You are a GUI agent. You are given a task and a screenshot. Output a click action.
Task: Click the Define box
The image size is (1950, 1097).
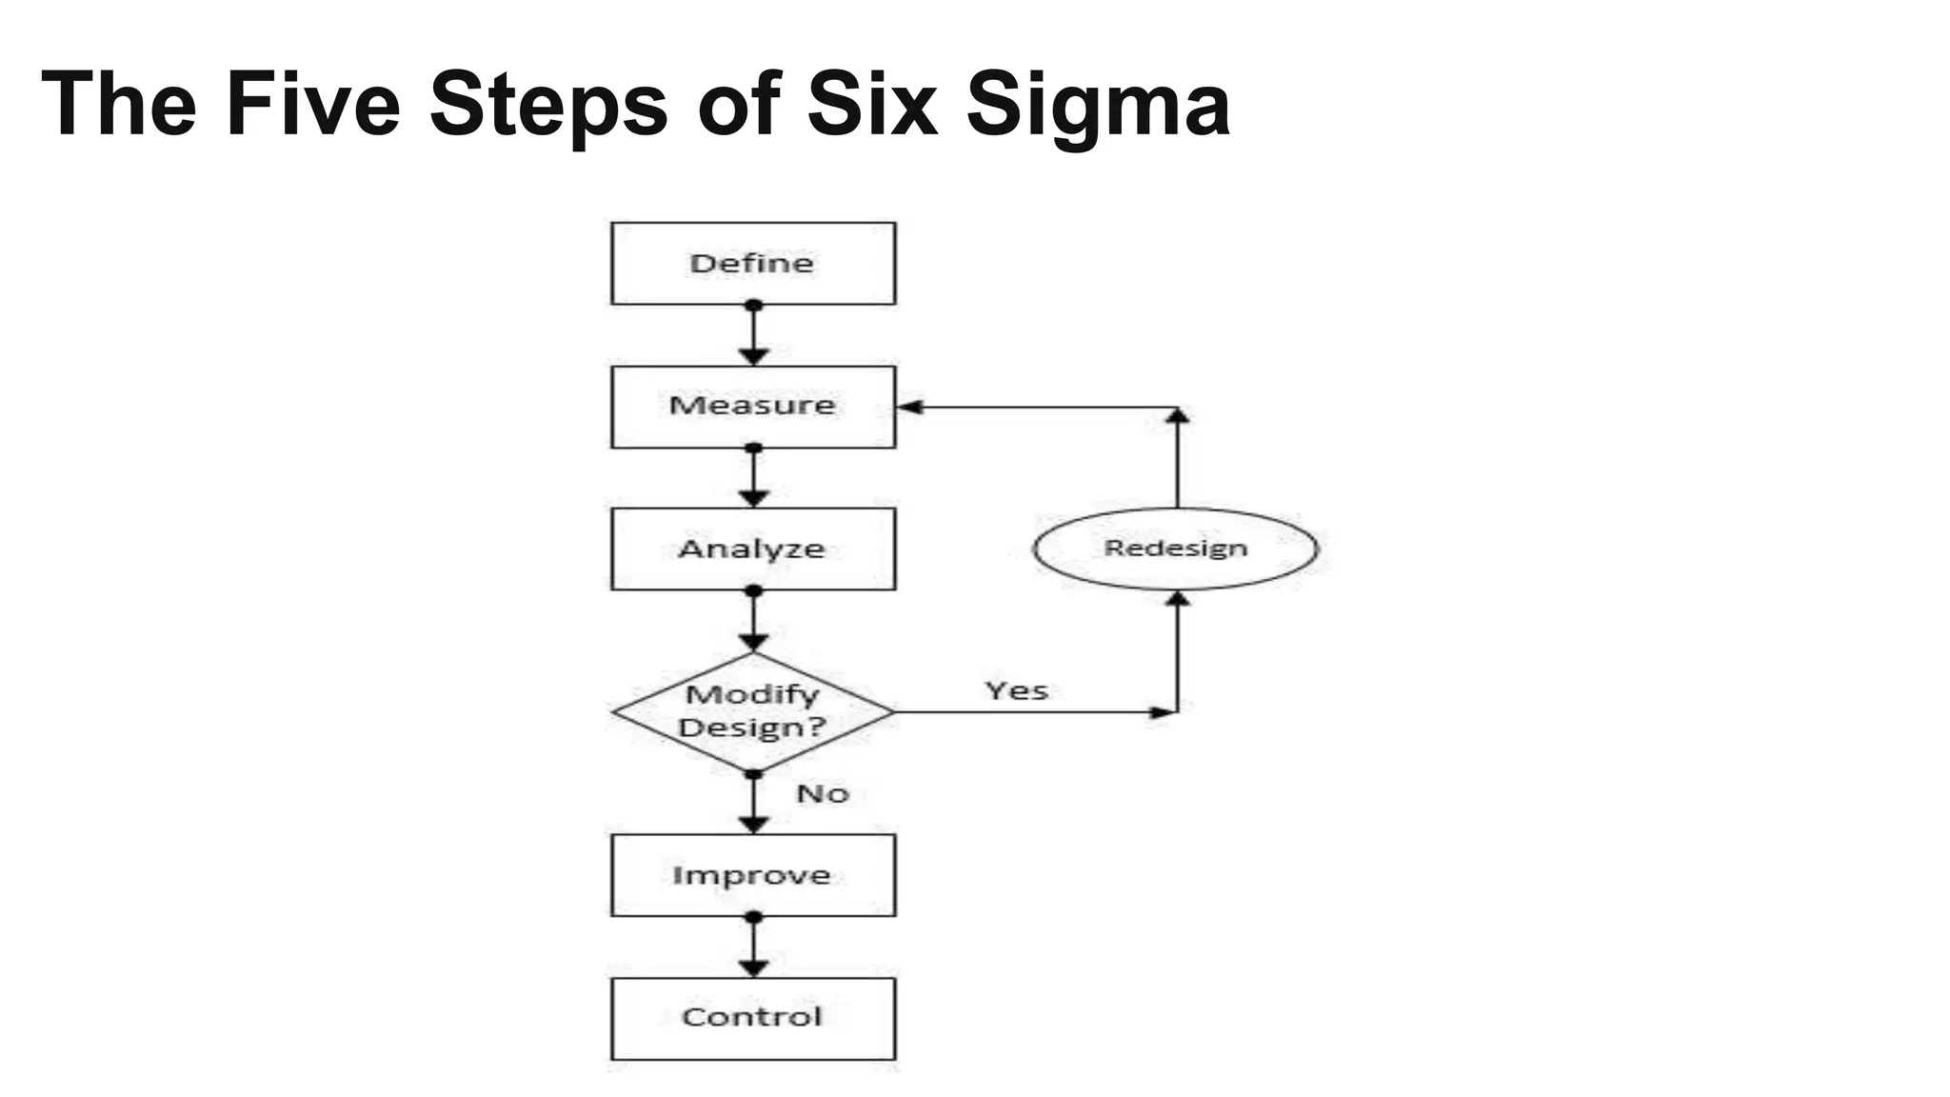pos(752,264)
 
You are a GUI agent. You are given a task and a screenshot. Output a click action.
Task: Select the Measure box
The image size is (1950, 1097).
pos(752,407)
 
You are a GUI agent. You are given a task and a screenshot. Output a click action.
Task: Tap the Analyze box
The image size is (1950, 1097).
pos(752,548)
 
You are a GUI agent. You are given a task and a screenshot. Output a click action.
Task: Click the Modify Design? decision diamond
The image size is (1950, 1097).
pos(752,711)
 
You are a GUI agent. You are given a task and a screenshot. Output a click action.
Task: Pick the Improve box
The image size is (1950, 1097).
pos(752,875)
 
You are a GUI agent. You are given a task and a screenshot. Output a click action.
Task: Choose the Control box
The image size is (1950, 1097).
pos(752,1018)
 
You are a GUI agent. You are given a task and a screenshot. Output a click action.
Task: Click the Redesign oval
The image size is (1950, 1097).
pos(1176,548)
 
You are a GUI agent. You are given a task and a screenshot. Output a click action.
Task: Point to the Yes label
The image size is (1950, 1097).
pos(1016,690)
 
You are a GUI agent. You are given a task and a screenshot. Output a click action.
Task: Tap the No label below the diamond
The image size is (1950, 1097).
pos(822,793)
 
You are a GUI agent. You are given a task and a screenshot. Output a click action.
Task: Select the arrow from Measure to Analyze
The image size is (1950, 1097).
pos(753,477)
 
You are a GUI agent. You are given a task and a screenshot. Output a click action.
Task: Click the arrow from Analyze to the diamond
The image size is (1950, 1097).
pos(753,621)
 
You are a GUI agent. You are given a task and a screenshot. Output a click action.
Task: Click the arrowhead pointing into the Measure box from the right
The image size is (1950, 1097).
pos(910,408)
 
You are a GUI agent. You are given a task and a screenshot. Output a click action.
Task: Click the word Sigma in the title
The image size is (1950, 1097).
pos(1098,105)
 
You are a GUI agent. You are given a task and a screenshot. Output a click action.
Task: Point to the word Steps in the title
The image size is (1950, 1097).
pos(548,105)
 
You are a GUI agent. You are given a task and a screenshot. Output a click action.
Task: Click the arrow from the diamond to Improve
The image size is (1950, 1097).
pos(753,803)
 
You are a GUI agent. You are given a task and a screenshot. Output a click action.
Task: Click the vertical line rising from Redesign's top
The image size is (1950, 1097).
pos(1178,462)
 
